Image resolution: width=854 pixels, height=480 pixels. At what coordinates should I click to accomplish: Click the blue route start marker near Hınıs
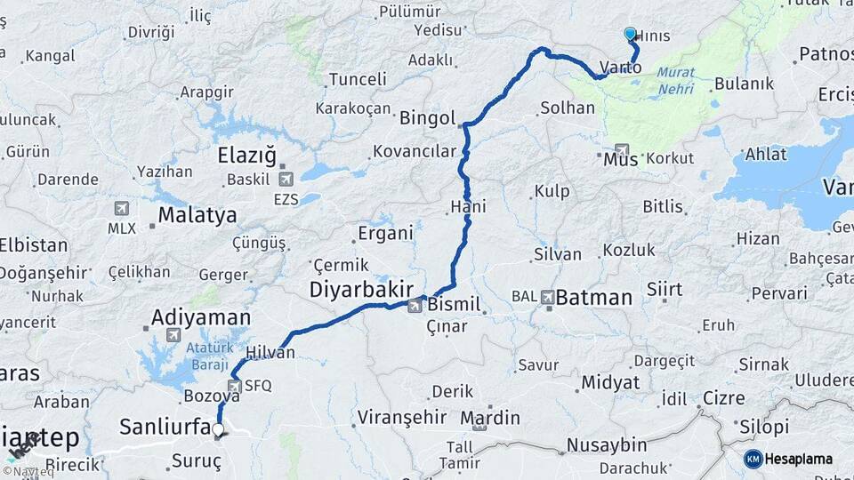pyautogui.click(x=630, y=34)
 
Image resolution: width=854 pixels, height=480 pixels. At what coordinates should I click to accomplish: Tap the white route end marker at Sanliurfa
pyautogui.click(x=218, y=429)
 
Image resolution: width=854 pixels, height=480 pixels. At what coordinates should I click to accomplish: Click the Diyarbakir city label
pyautogui.click(x=361, y=289)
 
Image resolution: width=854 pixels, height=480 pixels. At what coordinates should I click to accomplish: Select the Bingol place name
pyautogui.click(x=428, y=118)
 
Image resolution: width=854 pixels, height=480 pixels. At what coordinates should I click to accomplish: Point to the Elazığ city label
pyautogui.click(x=247, y=156)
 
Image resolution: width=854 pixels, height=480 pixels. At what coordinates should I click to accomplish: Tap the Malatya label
pyautogui.click(x=197, y=214)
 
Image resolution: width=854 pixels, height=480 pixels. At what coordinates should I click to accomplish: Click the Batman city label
pyautogui.click(x=594, y=298)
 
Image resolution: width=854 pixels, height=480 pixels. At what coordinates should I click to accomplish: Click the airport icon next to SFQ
pyautogui.click(x=234, y=386)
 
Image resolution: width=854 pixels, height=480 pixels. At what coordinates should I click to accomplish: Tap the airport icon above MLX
pyautogui.click(x=121, y=209)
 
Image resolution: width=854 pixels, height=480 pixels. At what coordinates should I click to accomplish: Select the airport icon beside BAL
pyautogui.click(x=547, y=297)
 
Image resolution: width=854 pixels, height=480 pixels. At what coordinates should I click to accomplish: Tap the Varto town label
pyautogui.click(x=620, y=68)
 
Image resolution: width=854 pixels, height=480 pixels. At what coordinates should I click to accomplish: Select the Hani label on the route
pyautogui.click(x=468, y=206)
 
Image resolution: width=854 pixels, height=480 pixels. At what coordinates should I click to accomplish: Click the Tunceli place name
pyautogui.click(x=358, y=79)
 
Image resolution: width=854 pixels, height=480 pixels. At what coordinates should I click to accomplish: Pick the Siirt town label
pyautogui.click(x=665, y=290)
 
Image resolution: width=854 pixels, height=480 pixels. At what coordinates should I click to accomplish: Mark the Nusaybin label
pyautogui.click(x=608, y=443)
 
